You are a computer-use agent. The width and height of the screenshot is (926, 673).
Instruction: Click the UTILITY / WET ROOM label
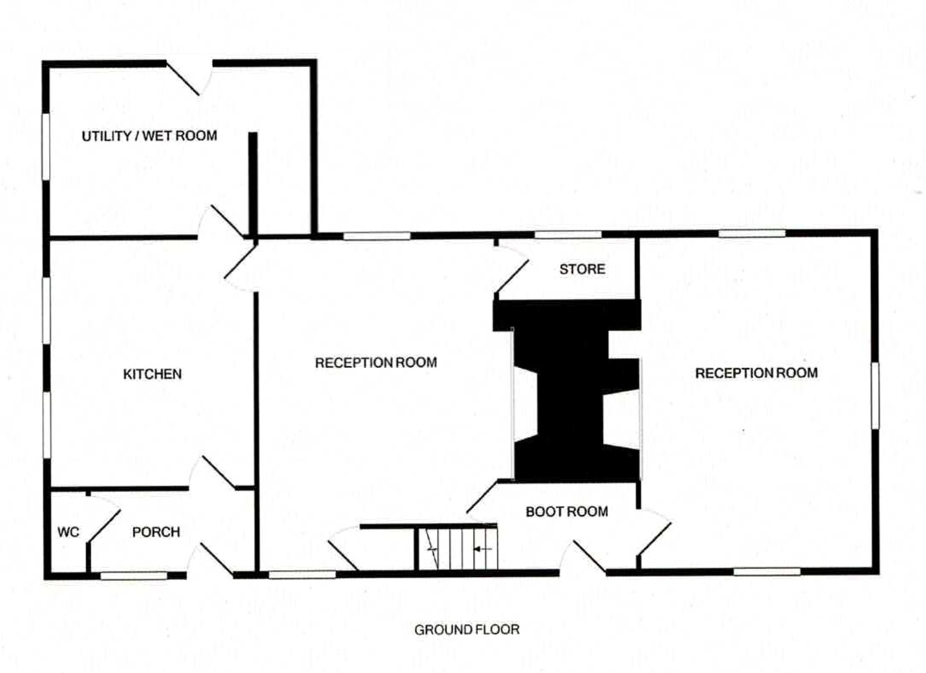pyautogui.click(x=149, y=136)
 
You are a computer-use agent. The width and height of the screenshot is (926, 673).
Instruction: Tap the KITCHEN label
pyautogui.click(x=153, y=374)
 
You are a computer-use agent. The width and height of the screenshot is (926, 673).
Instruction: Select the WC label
pyautogui.click(x=68, y=531)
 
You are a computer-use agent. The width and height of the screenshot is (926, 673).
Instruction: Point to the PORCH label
pyautogui.click(x=156, y=531)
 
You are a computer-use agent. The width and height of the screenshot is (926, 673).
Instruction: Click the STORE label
pyautogui.click(x=582, y=269)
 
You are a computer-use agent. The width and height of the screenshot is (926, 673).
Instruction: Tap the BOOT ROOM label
pyautogui.click(x=567, y=512)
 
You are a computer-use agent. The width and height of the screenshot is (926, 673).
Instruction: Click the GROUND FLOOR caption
pyautogui.click(x=467, y=630)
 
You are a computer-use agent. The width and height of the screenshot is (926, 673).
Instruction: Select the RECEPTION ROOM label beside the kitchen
pyautogui.click(x=376, y=362)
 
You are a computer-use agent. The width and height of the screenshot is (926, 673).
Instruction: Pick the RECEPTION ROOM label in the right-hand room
pyautogui.click(x=756, y=373)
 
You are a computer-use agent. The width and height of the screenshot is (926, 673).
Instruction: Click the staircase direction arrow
pyautogui.click(x=483, y=549)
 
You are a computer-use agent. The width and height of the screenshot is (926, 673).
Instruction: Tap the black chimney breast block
pyautogui.click(x=567, y=390)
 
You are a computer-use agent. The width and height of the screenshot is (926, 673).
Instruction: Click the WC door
pyautogui.click(x=104, y=525)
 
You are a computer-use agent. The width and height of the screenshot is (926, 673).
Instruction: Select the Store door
pyautogui.click(x=512, y=276)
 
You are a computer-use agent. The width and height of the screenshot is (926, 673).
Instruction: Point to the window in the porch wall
pyautogui.click(x=134, y=576)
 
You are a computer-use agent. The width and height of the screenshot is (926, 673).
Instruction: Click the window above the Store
pyautogui.click(x=568, y=235)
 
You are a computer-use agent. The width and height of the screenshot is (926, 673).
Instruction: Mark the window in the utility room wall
pyautogui.click(x=46, y=147)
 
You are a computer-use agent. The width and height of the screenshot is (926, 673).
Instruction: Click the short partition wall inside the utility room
pyautogui.click(x=253, y=185)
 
